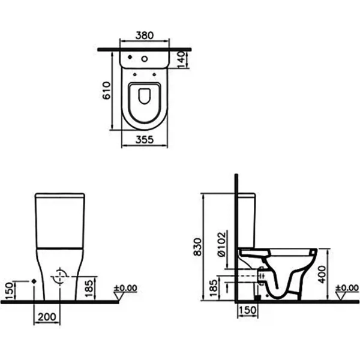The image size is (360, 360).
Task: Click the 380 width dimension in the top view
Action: click(x=145, y=35)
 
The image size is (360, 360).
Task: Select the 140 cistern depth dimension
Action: click(x=181, y=59)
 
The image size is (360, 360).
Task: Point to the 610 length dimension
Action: click(x=107, y=90)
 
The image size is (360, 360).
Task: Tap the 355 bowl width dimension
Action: click(x=145, y=139)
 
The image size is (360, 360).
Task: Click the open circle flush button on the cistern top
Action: click(x=145, y=59)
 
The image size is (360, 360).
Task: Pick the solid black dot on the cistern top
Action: click(x=130, y=57)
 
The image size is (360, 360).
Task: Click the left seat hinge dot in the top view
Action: click(x=135, y=74)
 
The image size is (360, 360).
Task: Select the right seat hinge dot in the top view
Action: click(x=154, y=74)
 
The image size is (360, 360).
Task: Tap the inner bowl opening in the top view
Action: click(x=145, y=96)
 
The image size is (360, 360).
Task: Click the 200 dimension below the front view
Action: click(x=47, y=317)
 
